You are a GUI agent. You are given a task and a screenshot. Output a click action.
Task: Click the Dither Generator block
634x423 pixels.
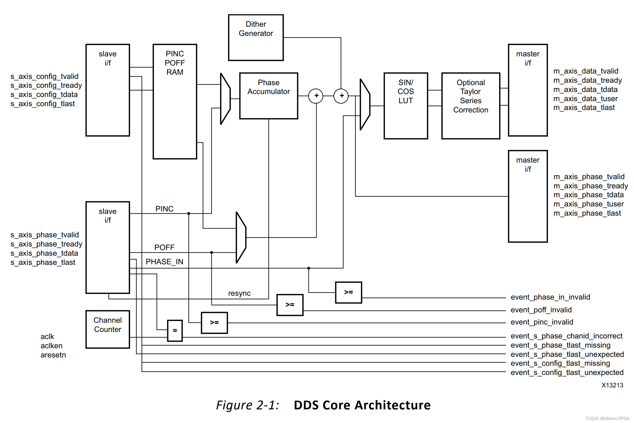pyautogui.click(x=256, y=38)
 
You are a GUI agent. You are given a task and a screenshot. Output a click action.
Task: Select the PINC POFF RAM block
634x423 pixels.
pyautogui.click(x=175, y=101)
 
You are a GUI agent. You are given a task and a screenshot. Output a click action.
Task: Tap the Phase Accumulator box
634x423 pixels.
pyautogui.click(x=268, y=96)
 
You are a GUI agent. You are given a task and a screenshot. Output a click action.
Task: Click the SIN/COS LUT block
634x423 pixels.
pyautogui.click(x=406, y=106)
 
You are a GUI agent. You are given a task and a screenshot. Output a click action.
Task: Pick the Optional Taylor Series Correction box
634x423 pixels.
pyautogui.click(x=471, y=106)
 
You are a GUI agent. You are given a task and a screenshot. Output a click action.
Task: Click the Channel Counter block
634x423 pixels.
pyautogui.click(x=108, y=329)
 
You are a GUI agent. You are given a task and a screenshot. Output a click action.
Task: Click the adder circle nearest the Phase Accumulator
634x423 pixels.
pyautogui.click(x=316, y=96)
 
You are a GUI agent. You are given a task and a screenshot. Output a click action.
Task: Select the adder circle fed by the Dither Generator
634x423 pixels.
pyautogui.click(x=341, y=96)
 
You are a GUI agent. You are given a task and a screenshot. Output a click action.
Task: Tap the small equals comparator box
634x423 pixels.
pyautogui.click(x=175, y=330)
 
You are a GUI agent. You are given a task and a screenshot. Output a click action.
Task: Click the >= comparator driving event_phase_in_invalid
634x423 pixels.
pyautogui.click(x=348, y=292)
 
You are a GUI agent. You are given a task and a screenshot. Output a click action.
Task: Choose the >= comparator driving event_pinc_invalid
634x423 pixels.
pyautogui.click(x=214, y=323)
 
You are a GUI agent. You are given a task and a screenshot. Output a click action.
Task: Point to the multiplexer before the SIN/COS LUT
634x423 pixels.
pyautogui.click(x=365, y=104)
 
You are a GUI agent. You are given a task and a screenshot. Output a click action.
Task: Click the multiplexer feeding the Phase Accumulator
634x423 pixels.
pyautogui.click(x=225, y=99)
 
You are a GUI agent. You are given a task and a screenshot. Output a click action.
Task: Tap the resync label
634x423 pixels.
pyautogui.click(x=239, y=293)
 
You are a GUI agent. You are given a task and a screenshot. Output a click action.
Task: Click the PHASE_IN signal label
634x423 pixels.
pyautogui.click(x=164, y=262)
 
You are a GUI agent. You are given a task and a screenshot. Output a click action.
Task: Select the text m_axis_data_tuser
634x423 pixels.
pyautogui.click(x=585, y=98)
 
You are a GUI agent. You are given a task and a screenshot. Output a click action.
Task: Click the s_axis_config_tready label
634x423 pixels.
pyautogui.click(x=46, y=85)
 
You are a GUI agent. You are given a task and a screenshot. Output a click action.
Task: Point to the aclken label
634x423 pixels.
pyautogui.click(x=51, y=346)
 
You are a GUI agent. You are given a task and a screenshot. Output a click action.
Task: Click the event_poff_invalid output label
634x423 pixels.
pyautogui.click(x=541, y=310)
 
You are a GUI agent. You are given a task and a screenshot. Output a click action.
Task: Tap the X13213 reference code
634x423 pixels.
pyautogui.click(x=612, y=385)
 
